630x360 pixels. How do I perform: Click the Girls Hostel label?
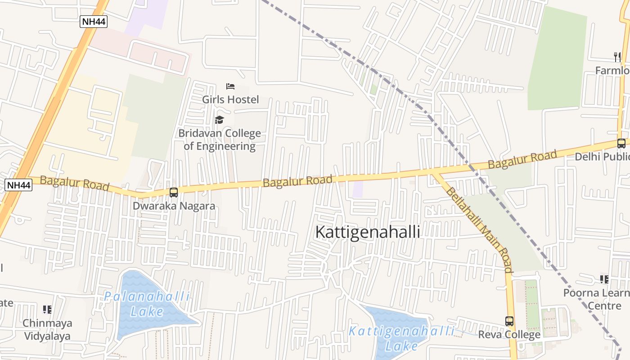click(x=230, y=99)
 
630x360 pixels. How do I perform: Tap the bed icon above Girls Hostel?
click(x=230, y=86)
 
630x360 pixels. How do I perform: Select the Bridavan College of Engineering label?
click(x=220, y=139)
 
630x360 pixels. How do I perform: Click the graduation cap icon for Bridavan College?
click(x=219, y=120)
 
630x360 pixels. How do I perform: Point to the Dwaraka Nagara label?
click(x=174, y=206)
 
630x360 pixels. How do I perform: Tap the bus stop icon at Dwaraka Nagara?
click(x=174, y=193)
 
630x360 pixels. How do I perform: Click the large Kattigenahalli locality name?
click(x=368, y=232)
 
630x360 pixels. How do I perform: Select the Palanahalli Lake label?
click(x=147, y=304)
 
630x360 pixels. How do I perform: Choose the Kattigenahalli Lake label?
click(x=402, y=338)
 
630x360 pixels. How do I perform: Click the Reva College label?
click(x=509, y=335)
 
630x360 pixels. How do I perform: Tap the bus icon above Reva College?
click(x=509, y=321)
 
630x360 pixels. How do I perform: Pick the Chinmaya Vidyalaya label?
click(x=47, y=329)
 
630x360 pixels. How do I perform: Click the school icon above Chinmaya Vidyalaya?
click(x=47, y=310)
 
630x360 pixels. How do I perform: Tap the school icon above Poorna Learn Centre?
click(x=604, y=279)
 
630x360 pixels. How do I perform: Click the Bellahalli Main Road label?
click(x=479, y=229)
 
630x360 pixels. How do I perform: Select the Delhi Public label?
click(x=602, y=157)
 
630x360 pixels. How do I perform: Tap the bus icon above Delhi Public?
click(x=621, y=144)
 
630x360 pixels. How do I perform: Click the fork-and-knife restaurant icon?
click(x=617, y=57)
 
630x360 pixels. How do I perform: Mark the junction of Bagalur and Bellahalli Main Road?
click(x=433, y=173)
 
